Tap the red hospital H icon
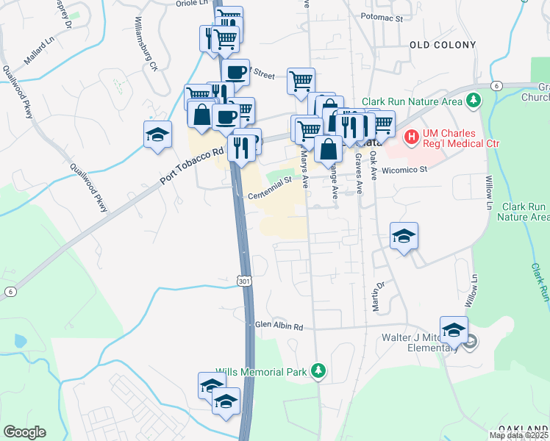(x=412, y=136)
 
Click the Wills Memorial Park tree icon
(x=318, y=371)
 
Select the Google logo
(x=24, y=432)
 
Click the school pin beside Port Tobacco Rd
(x=158, y=135)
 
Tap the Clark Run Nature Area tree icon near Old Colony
(x=475, y=100)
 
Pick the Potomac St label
(x=382, y=17)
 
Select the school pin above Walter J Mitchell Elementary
(x=454, y=330)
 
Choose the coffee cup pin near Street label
(x=236, y=73)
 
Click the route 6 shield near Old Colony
(x=497, y=86)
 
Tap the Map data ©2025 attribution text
(x=519, y=435)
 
